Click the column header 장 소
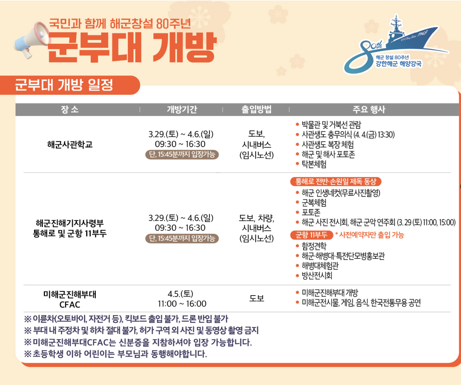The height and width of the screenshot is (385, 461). coord(70,110)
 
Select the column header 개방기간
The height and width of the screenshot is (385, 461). coord(182,110)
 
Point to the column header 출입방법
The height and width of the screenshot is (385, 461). coord(256,110)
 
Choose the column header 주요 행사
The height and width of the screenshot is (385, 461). coord(369,110)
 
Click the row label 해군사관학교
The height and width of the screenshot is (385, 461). coord(70,145)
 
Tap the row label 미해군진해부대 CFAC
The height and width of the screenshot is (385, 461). coord(70,299)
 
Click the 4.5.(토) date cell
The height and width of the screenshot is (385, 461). coord(181,294)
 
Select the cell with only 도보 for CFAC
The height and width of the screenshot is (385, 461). coord(257,298)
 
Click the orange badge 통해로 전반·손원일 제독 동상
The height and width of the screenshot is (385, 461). coord(336,182)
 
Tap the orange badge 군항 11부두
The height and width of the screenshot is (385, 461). coord(311,235)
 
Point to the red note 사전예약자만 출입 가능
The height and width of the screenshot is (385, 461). coord(370,235)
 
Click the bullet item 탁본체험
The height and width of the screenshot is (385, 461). coord(314,164)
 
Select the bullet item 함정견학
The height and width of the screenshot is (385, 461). coord(314,246)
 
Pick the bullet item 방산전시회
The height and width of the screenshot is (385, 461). coord(317,275)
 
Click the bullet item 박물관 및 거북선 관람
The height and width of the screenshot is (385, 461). coord(331,125)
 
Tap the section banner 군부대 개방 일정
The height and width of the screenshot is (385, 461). coord(64,85)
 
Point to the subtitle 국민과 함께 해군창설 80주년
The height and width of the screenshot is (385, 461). coord(120,24)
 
